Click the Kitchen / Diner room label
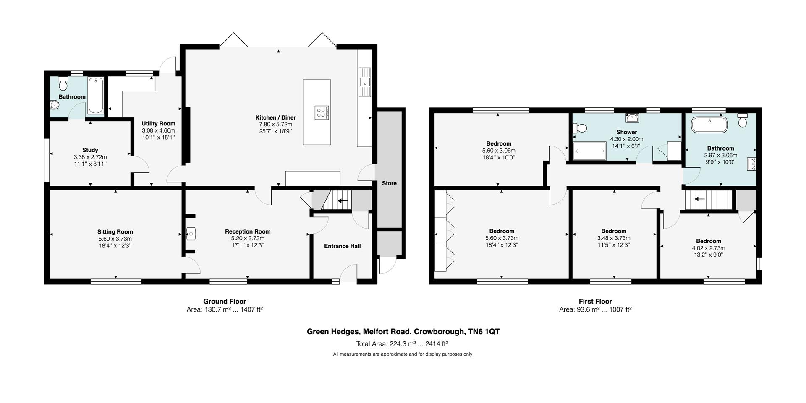[275, 118]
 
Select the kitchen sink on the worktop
[364, 82]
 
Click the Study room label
[90, 150]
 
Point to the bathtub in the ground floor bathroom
[96, 96]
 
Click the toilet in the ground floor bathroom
[63, 84]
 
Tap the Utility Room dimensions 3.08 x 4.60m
[158, 130]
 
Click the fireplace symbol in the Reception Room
[191, 233]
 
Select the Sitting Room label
[115, 232]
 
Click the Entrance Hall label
[342, 246]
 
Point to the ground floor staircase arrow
[343, 201]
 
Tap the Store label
[389, 183]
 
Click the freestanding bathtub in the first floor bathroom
[709, 125]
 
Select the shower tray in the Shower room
[590, 151]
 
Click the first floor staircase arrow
[699, 199]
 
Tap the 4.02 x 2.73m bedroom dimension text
[708, 248]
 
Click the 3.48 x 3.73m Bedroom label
[613, 231]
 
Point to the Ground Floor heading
[225, 301]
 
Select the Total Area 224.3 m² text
[402, 344]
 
